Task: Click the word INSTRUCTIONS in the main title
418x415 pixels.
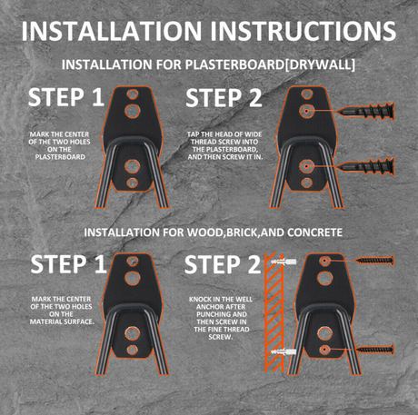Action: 303,31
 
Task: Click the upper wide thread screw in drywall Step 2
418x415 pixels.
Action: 365,111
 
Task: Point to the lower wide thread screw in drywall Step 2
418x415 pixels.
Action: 365,166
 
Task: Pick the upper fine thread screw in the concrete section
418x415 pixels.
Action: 375,261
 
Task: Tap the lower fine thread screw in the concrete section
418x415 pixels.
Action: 375,350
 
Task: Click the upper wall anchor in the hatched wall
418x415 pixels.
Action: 284,262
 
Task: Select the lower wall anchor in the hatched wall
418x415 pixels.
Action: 284,351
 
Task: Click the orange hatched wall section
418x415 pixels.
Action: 274,312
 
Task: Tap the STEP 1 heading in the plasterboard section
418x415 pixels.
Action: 66,97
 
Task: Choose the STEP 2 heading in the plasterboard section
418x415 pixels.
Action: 224,98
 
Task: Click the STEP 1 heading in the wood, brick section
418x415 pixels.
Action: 68,264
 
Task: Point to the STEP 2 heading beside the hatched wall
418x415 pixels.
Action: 223,264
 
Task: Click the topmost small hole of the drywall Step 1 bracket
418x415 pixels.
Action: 133,94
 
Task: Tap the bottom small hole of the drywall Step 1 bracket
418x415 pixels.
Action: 133,183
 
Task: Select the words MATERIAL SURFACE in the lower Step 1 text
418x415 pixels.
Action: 62,321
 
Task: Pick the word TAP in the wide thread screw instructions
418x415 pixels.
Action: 192,134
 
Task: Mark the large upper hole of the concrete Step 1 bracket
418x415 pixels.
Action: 133,278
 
